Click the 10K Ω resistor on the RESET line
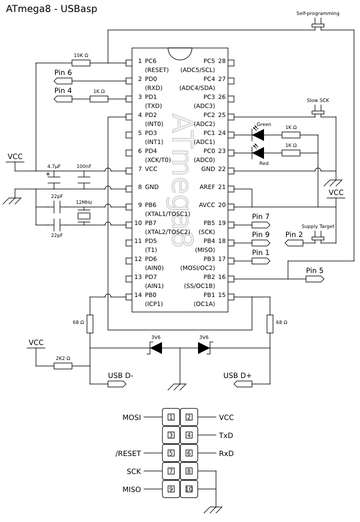coord(81,62)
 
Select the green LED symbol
coord(258,135)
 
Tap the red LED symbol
coord(258,153)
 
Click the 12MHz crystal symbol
coord(84,216)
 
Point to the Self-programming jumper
coord(318,26)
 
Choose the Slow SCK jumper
coord(318,113)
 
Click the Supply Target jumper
coord(318,239)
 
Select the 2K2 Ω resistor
coord(63,366)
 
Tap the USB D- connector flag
coord(117,384)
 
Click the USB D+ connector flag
coord(243,384)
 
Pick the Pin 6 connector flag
coord(63,80)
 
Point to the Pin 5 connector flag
coord(315,278)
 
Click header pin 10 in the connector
coord(189,489)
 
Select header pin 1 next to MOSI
coord(171,417)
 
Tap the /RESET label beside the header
coord(128,454)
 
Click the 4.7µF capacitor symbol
coord(54,180)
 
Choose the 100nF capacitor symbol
coord(84,180)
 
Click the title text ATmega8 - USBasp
coord(52,8)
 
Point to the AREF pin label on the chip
coord(207,187)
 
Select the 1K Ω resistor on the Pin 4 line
coord(99,98)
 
